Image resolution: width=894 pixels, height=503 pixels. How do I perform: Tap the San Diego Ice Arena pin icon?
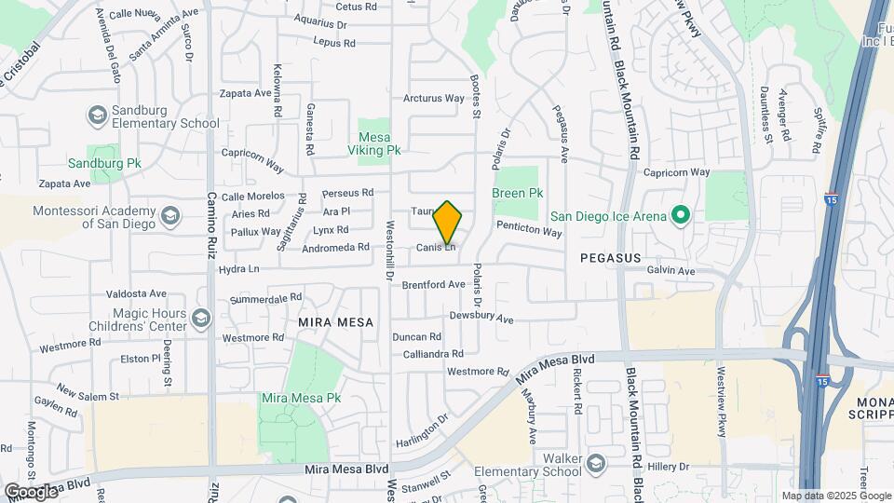click(x=680, y=216)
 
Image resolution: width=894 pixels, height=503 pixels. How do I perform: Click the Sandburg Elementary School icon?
click(x=96, y=116)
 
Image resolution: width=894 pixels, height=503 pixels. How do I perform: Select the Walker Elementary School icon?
click(x=593, y=464)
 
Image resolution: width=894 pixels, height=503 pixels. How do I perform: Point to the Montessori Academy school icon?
click(x=170, y=217)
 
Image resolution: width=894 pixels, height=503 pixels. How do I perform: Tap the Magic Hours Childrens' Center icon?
click(x=199, y=319)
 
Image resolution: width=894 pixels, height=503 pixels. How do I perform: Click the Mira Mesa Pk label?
click(x=301, y=398)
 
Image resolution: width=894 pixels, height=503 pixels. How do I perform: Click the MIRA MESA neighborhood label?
click(x=335, y=322)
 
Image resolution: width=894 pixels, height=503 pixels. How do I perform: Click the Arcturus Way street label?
click(x=433, y=98)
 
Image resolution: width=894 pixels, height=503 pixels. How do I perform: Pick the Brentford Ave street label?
click(x=433, y=284)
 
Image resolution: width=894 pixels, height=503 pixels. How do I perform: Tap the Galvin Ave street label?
click(x=672, y=271)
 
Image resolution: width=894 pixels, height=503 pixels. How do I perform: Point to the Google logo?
click(x=31, y=491)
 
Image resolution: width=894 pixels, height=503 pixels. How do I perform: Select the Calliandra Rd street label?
click(x=433, y=354)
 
